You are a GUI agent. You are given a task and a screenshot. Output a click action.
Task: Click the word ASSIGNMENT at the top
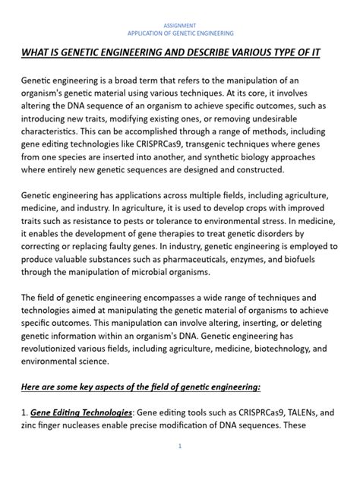[180, 25]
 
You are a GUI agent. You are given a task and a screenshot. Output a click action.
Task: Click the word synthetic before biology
[221, 155]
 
